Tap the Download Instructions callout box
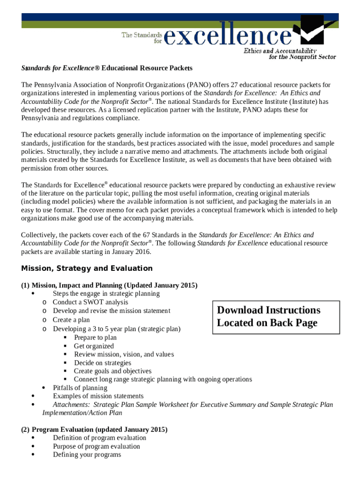tap(276, 317)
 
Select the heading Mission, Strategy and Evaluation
tap(87, 269)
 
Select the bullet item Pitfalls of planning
tap(80, 388)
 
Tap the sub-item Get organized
tap(94, 346)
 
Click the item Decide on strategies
tap(102, 363)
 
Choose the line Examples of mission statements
tap(98, 396)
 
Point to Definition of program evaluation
tap(100, 438)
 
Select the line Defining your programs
tap(87, 455)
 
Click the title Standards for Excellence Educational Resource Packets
tap(107, 68)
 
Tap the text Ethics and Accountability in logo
tap(280, 51)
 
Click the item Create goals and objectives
tap(113, 371)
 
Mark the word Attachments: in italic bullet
tap(71, 405)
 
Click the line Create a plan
tap(71, 320)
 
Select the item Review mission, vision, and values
tap(124, 355)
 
